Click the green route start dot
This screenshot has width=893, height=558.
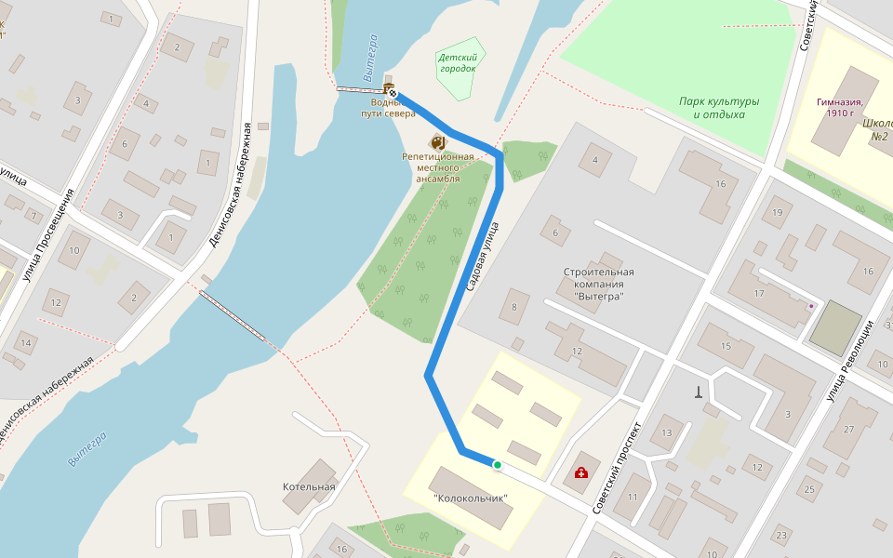tap(498, 465)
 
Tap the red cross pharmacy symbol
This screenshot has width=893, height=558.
tap(581, 473)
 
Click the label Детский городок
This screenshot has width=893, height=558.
tap(457, 62)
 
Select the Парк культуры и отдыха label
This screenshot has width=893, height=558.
tap(719, 108)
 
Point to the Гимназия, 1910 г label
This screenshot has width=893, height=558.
tap(841, 107)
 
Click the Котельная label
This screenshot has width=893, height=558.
tap(309, 486)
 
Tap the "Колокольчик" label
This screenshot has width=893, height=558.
tap(472, 498)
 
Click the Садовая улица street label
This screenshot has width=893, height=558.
tap(483, 257)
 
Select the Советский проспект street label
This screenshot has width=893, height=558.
tap(618, 468)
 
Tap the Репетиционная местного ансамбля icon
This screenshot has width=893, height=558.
tap(437, 142)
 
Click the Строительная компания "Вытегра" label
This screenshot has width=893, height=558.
tap(593, 284)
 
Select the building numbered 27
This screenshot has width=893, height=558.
tap(848, 429)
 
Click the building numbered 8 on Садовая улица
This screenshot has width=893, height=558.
tap(513, 306)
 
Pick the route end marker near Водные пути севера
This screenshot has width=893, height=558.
tap(393, 93)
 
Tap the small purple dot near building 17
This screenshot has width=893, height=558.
tap(811, 305)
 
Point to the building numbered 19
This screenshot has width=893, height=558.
tap(777, 213)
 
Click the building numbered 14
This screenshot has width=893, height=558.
tap(25, 343)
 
